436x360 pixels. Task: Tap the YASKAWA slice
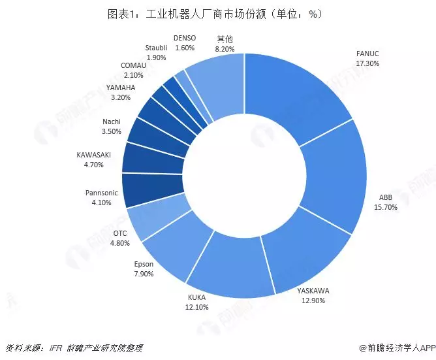point(290,255)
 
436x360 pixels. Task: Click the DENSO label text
point(185,39)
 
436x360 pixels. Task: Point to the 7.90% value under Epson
point(144,274)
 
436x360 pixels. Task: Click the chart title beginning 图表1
point(218,13)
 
